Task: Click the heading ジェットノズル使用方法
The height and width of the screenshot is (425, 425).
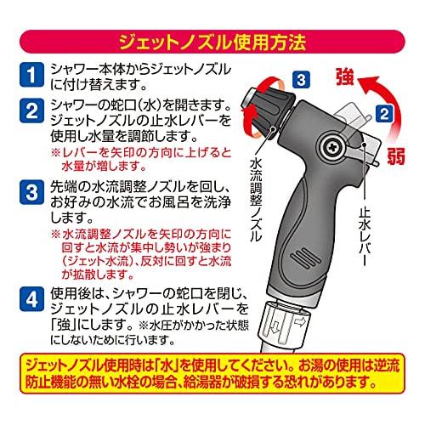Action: tap(212, 39)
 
